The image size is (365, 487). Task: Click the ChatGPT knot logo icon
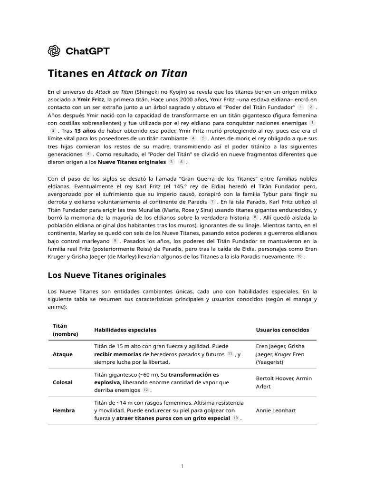point(54,50)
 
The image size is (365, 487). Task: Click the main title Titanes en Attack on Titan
point(118,74)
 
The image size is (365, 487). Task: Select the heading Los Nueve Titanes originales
point(107,275)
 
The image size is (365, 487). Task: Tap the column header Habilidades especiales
point(125,330)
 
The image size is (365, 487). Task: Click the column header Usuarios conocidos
point(282,330)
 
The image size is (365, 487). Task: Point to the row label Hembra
point(62,410)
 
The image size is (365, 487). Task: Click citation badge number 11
point(230,354)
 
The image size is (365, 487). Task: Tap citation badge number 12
point(145,390)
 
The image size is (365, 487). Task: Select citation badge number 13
point(235,418)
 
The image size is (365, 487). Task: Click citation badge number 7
point(212,202)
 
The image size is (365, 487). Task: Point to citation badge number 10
point(299,257)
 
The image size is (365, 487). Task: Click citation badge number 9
point(115,241)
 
